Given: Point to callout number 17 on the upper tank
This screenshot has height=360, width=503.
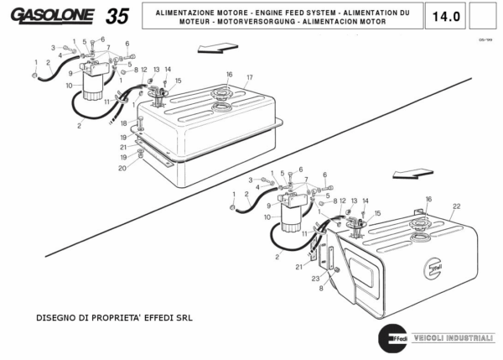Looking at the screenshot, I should click(x=249, y=78).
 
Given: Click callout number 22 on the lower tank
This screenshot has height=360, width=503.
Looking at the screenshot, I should click(x=457, y=206).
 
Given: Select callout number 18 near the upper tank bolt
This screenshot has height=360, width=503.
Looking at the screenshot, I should click(x=123, y=123).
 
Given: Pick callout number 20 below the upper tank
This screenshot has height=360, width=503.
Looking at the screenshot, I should click(x=122, y=168).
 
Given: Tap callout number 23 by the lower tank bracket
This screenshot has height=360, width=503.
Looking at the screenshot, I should click(x=314, y=279).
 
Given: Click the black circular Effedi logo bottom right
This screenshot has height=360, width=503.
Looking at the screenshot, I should click(x=390, y=338).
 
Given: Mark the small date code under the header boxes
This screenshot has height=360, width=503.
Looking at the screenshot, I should click(x=483, y=39).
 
